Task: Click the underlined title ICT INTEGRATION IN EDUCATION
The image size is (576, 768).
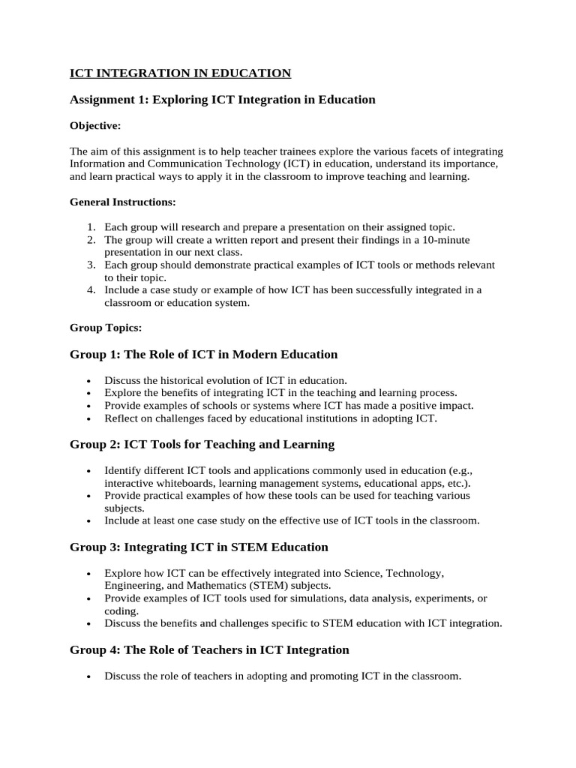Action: pos(180,73)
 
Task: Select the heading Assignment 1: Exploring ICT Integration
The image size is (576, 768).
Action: pos(222,99)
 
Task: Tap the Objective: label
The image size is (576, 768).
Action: pos(95,125)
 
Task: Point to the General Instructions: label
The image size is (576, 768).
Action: pos(123,202)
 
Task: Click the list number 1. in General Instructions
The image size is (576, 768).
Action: pos(91,226)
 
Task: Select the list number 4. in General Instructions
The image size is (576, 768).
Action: pos(91,289)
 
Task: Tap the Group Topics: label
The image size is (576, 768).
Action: pos(106,328)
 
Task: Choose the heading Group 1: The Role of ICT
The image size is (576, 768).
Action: pos(203,354)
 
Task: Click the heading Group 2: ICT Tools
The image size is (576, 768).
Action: pos(202,444)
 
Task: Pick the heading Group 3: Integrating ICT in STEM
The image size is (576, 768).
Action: pos(199,547)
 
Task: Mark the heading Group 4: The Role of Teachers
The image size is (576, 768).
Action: pos(209,649)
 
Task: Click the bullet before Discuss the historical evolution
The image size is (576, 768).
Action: pos(89,381)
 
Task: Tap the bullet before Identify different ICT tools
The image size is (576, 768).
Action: pos(89,471)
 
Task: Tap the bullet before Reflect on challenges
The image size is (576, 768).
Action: pos(89,419)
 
